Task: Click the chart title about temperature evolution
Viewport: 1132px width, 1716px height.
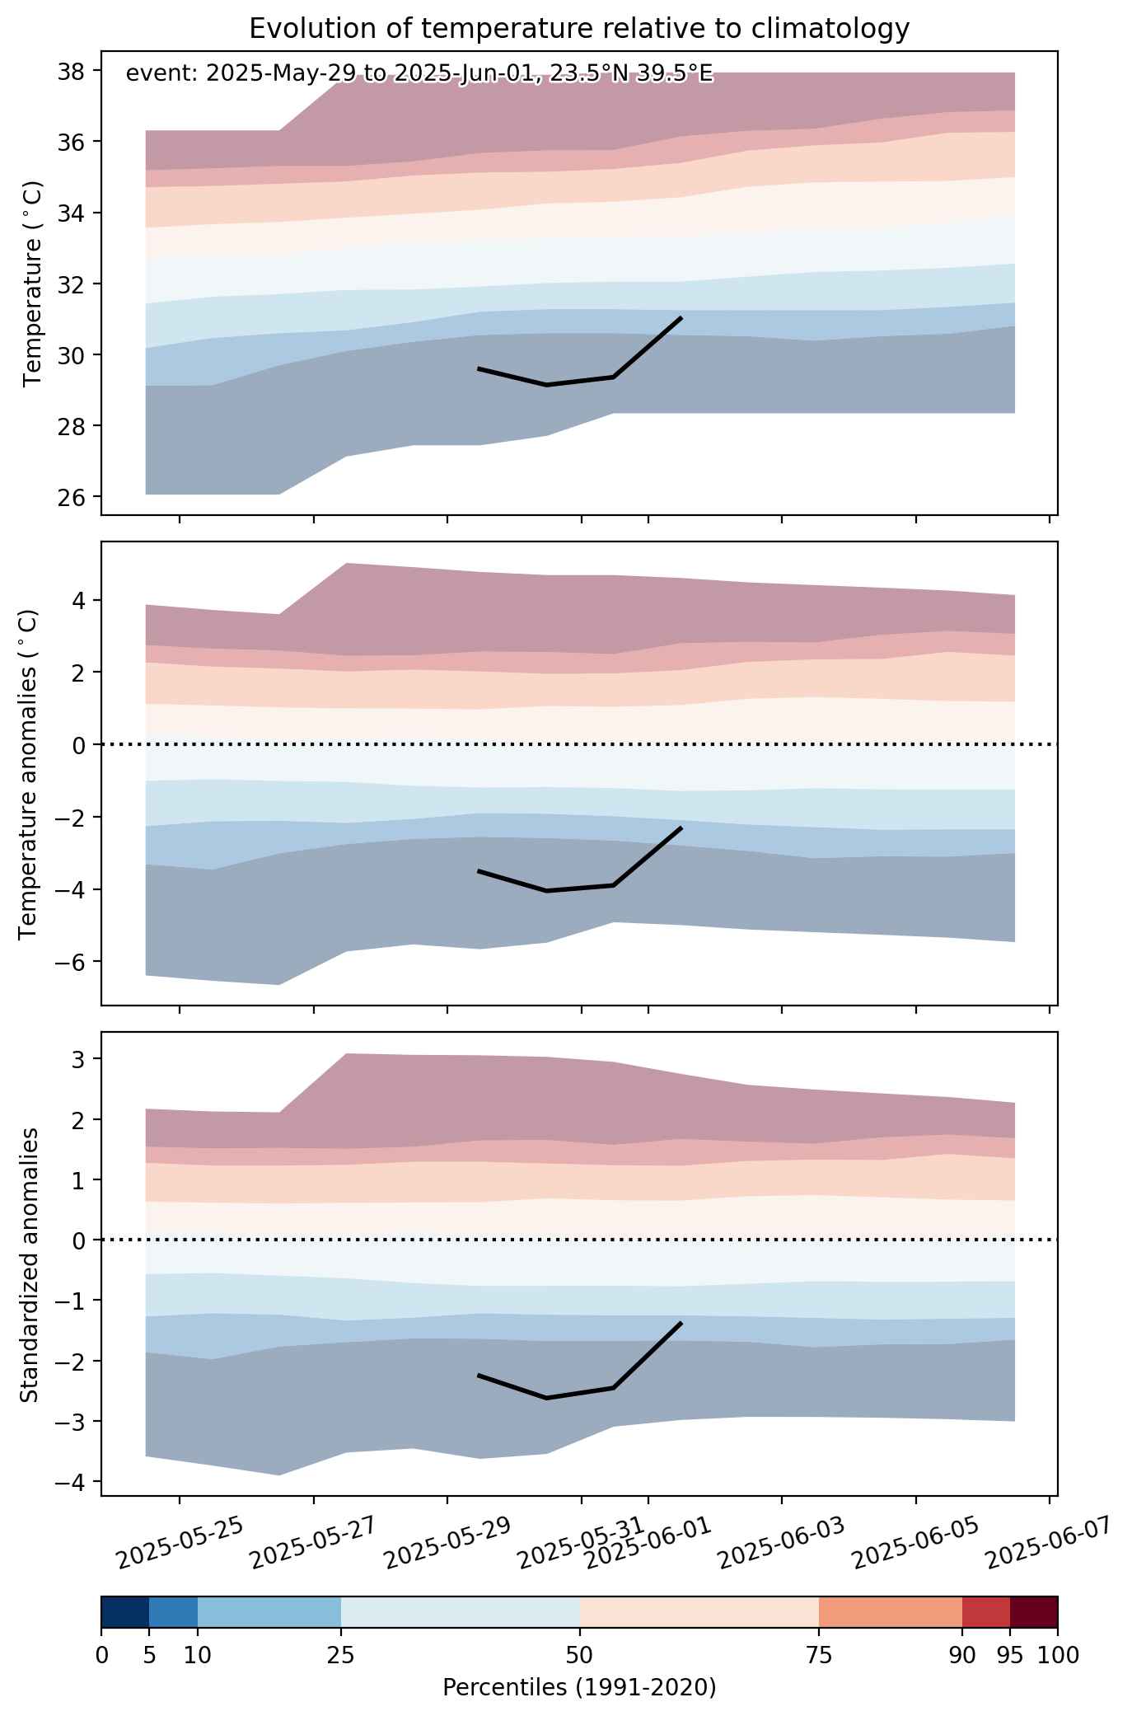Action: coord(579,29)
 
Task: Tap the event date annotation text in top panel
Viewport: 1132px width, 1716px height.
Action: coord(419,74)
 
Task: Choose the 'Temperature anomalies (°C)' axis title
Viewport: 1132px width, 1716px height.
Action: coord(28,774)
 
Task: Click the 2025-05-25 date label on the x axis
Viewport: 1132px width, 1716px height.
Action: coord(180,1542)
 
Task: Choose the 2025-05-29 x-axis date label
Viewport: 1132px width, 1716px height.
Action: coord(448,1542)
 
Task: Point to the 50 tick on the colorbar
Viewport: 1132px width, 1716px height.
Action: coord(579,1655)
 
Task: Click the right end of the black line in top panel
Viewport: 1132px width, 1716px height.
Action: coord(681,317)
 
